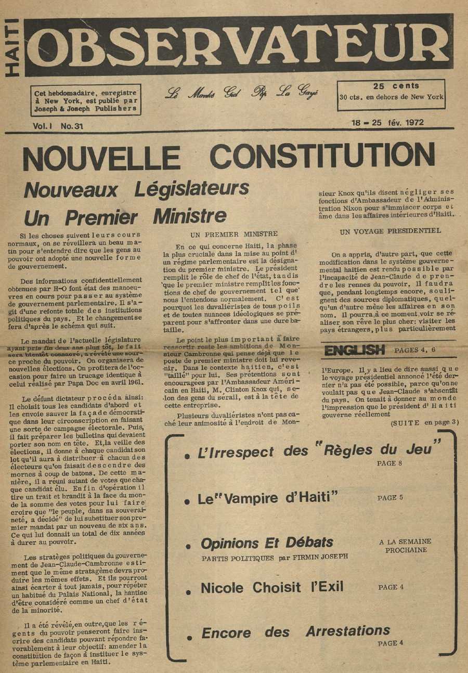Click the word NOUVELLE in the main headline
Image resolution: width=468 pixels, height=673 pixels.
[x=101, y=156]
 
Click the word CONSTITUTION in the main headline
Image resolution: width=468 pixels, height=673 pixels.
[x=322, y=155]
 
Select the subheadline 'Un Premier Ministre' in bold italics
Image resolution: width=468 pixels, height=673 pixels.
[x=125, y=215]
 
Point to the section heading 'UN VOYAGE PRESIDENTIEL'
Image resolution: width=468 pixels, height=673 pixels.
[x=390, y=230]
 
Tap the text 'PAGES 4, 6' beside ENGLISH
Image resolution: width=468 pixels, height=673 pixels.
[x=414, y=350]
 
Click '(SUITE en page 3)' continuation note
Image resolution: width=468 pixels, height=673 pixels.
[x=424, y=422]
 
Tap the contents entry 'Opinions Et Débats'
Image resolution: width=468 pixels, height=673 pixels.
[x=267, y=543]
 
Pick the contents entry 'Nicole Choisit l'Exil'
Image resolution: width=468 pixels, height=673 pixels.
[x=272, y=588]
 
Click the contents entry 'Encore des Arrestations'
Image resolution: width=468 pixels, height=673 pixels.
[x=295, y=632]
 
